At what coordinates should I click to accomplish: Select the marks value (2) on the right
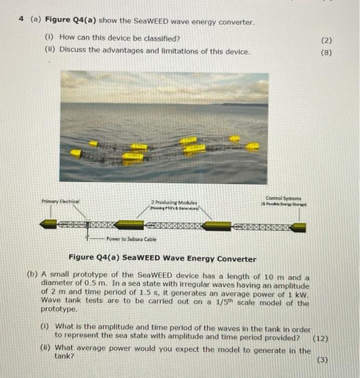[326, 40]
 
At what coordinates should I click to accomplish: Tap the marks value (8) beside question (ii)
[326, 53]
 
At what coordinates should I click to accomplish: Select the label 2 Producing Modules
[175, 201]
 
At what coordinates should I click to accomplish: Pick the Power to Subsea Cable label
[131, 239]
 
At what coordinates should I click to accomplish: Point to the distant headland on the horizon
[243, 104]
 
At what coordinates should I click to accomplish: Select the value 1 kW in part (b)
[299, 294]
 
